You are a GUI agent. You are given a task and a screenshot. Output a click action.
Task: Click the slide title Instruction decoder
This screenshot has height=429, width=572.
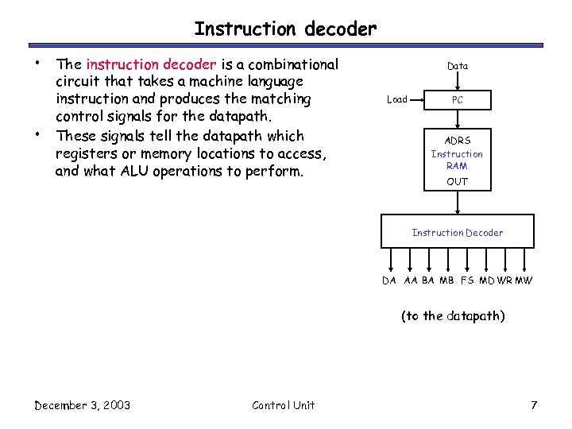pyautogui.click(x=285, y=29)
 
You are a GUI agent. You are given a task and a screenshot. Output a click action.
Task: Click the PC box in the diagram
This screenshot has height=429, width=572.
pyautogui.click(x=458, y=100)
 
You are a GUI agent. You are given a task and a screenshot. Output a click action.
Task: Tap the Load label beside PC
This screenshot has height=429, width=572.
pyautogui.click(x=396, y=100)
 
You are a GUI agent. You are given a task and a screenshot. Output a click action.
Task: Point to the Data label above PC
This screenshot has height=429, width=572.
pyautogui.click(x=458, y=66)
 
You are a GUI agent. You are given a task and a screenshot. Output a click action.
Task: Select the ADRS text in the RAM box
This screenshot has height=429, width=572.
pyautogui.click(x=458, y=141)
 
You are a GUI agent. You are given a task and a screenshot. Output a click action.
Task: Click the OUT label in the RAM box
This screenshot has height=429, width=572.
pyautogui.click(x=458, y=181)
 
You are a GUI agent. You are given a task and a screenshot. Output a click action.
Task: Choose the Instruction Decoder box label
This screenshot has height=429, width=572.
pyautogui.click(x=458, y=233)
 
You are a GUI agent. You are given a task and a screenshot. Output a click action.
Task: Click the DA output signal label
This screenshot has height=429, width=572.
pyautogui.click(x=389, y=280)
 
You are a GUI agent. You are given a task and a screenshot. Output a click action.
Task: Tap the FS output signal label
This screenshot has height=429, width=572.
pyautogui.click(x=467, y=280)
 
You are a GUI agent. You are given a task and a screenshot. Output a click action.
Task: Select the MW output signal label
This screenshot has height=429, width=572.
pyautogui.click(x=524, y=280)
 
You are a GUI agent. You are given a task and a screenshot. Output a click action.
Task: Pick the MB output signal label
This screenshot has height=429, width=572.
pyautogui.click(x=447, y=280)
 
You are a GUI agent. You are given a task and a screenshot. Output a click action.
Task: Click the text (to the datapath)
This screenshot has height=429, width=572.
pyautogui.click(x=452, y=316)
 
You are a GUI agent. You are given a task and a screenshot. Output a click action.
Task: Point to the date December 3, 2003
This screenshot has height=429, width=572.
pyautogui.click(x=83, y=405)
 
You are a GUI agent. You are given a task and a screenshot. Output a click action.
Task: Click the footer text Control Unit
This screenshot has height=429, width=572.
pyautogui.click(x=284, y=405)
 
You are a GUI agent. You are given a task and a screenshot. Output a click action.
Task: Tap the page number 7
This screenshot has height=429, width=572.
pyautogui.click(x=535, y=405)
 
